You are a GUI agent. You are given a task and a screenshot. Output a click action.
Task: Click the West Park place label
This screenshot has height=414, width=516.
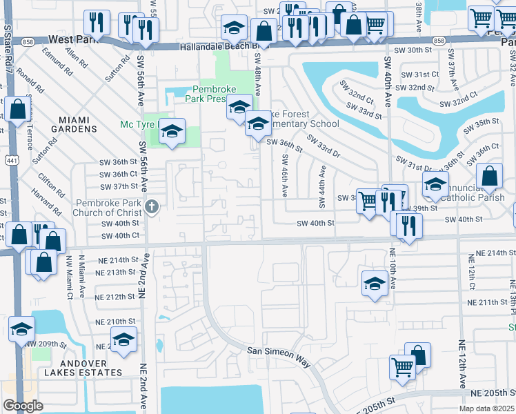pyautogui.click(x=70, y=41)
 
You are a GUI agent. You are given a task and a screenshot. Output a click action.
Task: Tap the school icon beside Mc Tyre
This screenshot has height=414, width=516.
pyautogui.click(x=172, y=130)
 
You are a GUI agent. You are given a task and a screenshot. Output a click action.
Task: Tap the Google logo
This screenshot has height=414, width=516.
pyautogui.click(x=23, y=406)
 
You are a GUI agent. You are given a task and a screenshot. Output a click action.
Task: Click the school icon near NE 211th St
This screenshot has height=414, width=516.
pyautogui.click(x=375, y=282)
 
